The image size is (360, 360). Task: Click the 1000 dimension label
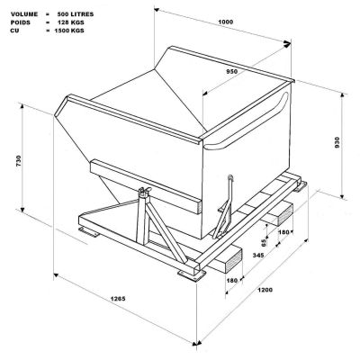[x=226, y=22]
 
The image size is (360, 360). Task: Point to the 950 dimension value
[x=231, y=71]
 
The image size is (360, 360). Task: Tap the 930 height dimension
[x=337, y=142]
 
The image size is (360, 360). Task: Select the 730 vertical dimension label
[x=19, y=161]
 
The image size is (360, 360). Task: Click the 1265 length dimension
[x=118, y=299]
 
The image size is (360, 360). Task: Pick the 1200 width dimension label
[x=265, y=290]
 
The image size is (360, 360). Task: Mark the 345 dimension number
[x=258, y=255]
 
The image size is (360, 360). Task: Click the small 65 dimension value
[x=263, y=243]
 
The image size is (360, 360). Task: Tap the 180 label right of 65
[x=283, y=232]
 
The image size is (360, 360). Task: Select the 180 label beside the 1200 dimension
[x=232, y=281]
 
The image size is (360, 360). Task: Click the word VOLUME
[x=24, y=14]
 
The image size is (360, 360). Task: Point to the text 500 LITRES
[x=76, y=14]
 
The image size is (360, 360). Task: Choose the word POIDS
[x=21, y=22]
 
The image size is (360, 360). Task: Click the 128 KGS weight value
[x=71, y=22]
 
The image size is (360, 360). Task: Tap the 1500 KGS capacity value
[x=69, y=31]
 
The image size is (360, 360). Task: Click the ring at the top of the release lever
[x=230, y=177]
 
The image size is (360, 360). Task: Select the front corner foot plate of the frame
[x=192, y=274]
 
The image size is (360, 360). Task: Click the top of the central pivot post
[x=145, y=191]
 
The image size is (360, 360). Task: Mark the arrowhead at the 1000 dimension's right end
[x=287, y=44]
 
